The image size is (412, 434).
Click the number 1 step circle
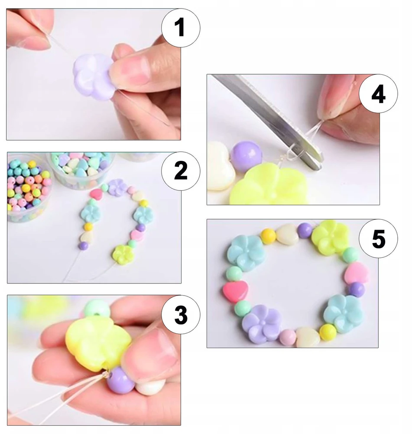coord(181,28)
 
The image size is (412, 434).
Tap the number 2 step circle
coord(181,171)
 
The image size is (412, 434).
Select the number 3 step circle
coord(181,314)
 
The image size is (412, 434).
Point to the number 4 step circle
coord(378,94)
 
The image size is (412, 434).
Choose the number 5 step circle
coord(378,239)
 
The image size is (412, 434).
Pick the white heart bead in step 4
coord(221,167)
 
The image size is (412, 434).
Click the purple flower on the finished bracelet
coord(261,323)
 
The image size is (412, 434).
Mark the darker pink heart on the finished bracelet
coord(235,291)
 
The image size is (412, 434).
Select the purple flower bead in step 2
coord(118,187)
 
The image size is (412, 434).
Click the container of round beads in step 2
coord(28,188)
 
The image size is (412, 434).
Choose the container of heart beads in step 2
coord(81,168)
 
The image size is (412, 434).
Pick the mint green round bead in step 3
coord(97,309)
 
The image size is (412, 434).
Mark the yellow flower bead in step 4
coord(268,184)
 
